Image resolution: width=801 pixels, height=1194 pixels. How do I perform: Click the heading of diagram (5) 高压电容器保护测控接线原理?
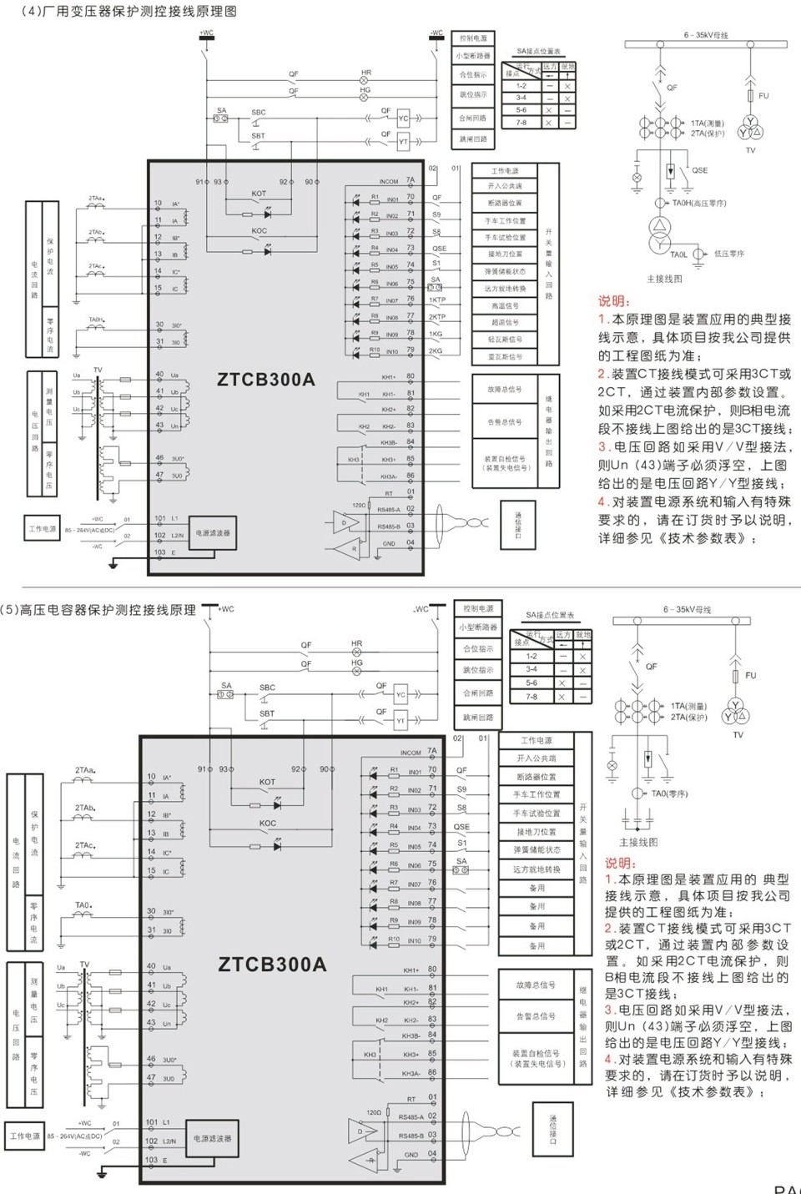98,610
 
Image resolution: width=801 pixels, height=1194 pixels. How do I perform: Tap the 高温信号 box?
505,305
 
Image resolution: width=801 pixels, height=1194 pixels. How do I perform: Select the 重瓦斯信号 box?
505,356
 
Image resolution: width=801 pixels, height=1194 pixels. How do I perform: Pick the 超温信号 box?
505,322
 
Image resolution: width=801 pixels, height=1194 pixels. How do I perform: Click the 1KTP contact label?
437,300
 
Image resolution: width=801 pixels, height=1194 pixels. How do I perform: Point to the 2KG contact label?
436,350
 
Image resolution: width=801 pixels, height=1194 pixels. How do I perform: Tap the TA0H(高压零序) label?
699,203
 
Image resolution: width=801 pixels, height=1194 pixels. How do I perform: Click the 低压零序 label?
729,254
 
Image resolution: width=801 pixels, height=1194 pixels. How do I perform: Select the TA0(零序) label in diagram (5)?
669,793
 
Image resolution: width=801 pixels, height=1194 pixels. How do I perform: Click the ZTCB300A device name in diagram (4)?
266,380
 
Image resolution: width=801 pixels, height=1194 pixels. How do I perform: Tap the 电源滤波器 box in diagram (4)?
213,532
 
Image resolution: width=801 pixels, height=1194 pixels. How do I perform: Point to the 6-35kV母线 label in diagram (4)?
706,35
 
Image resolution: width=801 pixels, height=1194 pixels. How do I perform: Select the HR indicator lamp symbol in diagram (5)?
357,653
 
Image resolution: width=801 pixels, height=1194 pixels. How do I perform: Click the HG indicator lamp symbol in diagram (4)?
364,98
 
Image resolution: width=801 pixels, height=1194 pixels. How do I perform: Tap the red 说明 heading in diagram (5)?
620,864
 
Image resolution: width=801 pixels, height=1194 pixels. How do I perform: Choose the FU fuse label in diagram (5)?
750,675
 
